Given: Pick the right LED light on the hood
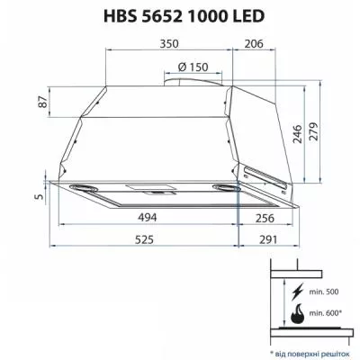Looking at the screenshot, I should pos(223,187).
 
